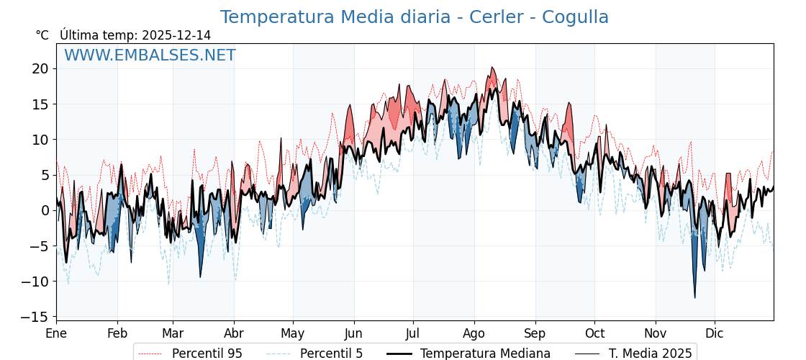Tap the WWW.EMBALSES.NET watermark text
point(150,55)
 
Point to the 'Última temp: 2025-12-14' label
point(135,35)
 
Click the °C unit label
point(42,35)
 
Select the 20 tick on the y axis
point(40,69)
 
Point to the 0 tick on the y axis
point(44,210)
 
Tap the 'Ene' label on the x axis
point(56,333)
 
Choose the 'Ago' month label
point(474,333)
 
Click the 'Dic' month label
point(715,333)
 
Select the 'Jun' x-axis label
point(353,333)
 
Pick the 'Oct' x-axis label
point(594,333)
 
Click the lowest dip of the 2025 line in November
point(694,297)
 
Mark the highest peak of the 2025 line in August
point(492,68)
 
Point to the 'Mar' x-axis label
point(173,333)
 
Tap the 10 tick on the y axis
point(40,140)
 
